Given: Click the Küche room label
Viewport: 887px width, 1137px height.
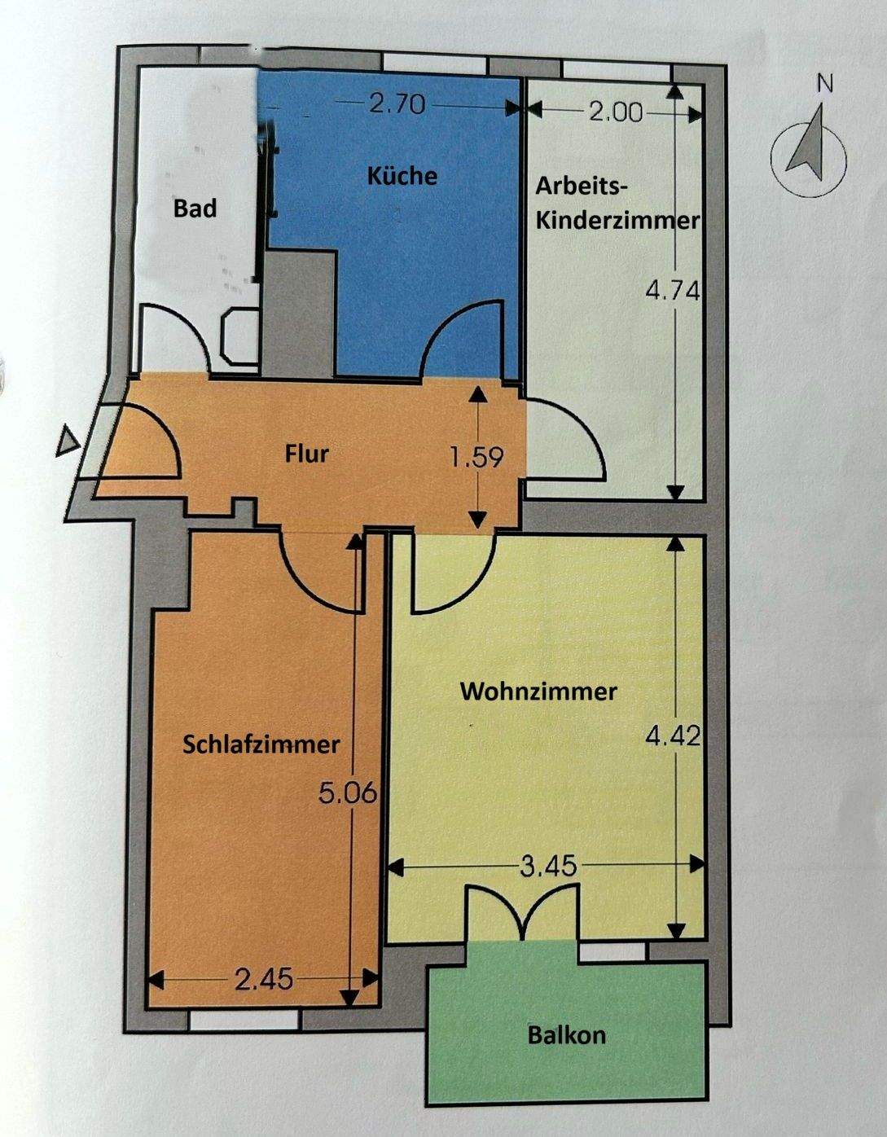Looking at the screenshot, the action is click(402, 176).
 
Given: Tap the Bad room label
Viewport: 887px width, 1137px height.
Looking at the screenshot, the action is click(195, 209).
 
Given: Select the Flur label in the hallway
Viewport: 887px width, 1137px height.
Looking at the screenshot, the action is click(307, 453).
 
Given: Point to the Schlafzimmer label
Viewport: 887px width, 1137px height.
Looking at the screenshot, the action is click(261, 744).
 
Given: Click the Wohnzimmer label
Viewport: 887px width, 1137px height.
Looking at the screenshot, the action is click(538, 691).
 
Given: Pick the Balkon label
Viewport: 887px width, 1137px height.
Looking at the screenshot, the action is click(567, 1035).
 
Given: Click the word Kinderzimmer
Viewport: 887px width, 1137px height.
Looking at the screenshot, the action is click(617, 221).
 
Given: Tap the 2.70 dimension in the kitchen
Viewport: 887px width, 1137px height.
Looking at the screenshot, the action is click(397, 104).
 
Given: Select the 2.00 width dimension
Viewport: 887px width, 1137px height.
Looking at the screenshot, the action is click(616, 112).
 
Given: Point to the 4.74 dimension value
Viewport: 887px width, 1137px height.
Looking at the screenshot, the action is click(673, 290).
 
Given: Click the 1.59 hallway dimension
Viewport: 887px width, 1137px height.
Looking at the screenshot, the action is click(477, 457).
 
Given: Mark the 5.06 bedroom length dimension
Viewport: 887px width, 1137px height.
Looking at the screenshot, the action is click(348, 792).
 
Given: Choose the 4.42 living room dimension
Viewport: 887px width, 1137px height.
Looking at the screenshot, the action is click(673, 735).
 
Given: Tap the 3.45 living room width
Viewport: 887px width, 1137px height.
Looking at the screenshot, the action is click(548, 865).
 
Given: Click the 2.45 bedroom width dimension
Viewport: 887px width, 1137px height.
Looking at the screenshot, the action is click(264, 979).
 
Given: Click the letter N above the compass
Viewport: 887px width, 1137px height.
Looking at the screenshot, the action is click(826, 83).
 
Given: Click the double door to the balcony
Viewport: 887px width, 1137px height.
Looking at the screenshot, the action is click(522, 914).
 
